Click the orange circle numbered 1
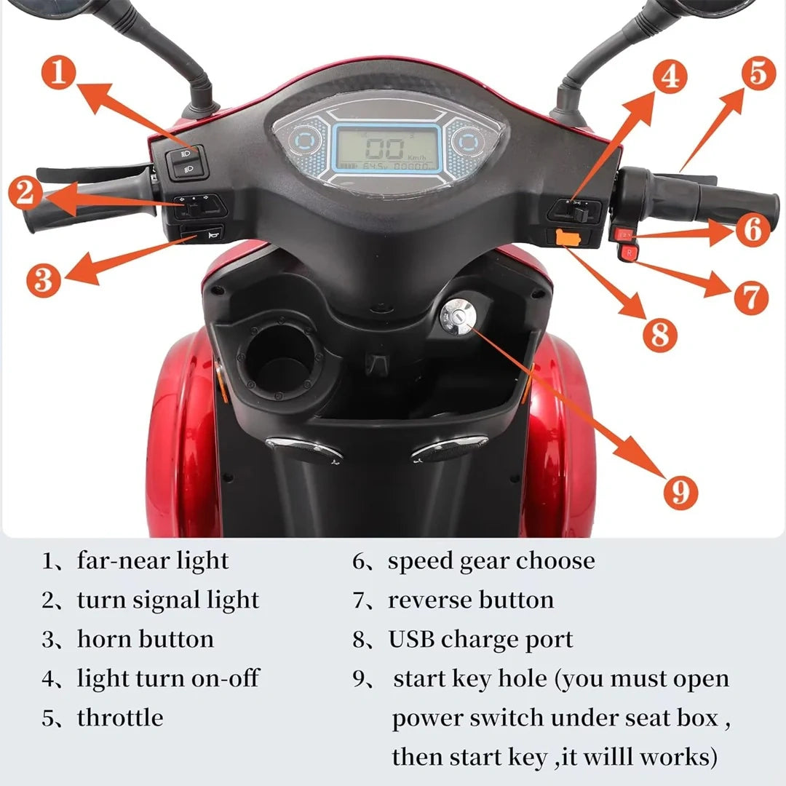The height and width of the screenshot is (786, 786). tap(60, 74)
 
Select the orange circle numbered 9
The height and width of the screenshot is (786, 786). tap(680, 492)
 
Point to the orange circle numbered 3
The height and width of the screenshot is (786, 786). tap(44, 279)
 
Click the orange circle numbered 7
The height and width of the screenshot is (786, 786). tap(750, 297)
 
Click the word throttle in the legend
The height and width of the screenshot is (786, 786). tap(120, 718)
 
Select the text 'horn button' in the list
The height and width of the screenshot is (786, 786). tap(146, 639)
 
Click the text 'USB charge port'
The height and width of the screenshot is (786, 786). tap(480, 639)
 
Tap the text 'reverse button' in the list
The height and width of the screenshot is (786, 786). tap(471, 600)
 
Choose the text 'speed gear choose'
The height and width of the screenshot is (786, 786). tap(491, 561)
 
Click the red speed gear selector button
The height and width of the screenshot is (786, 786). tap(624, 234)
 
